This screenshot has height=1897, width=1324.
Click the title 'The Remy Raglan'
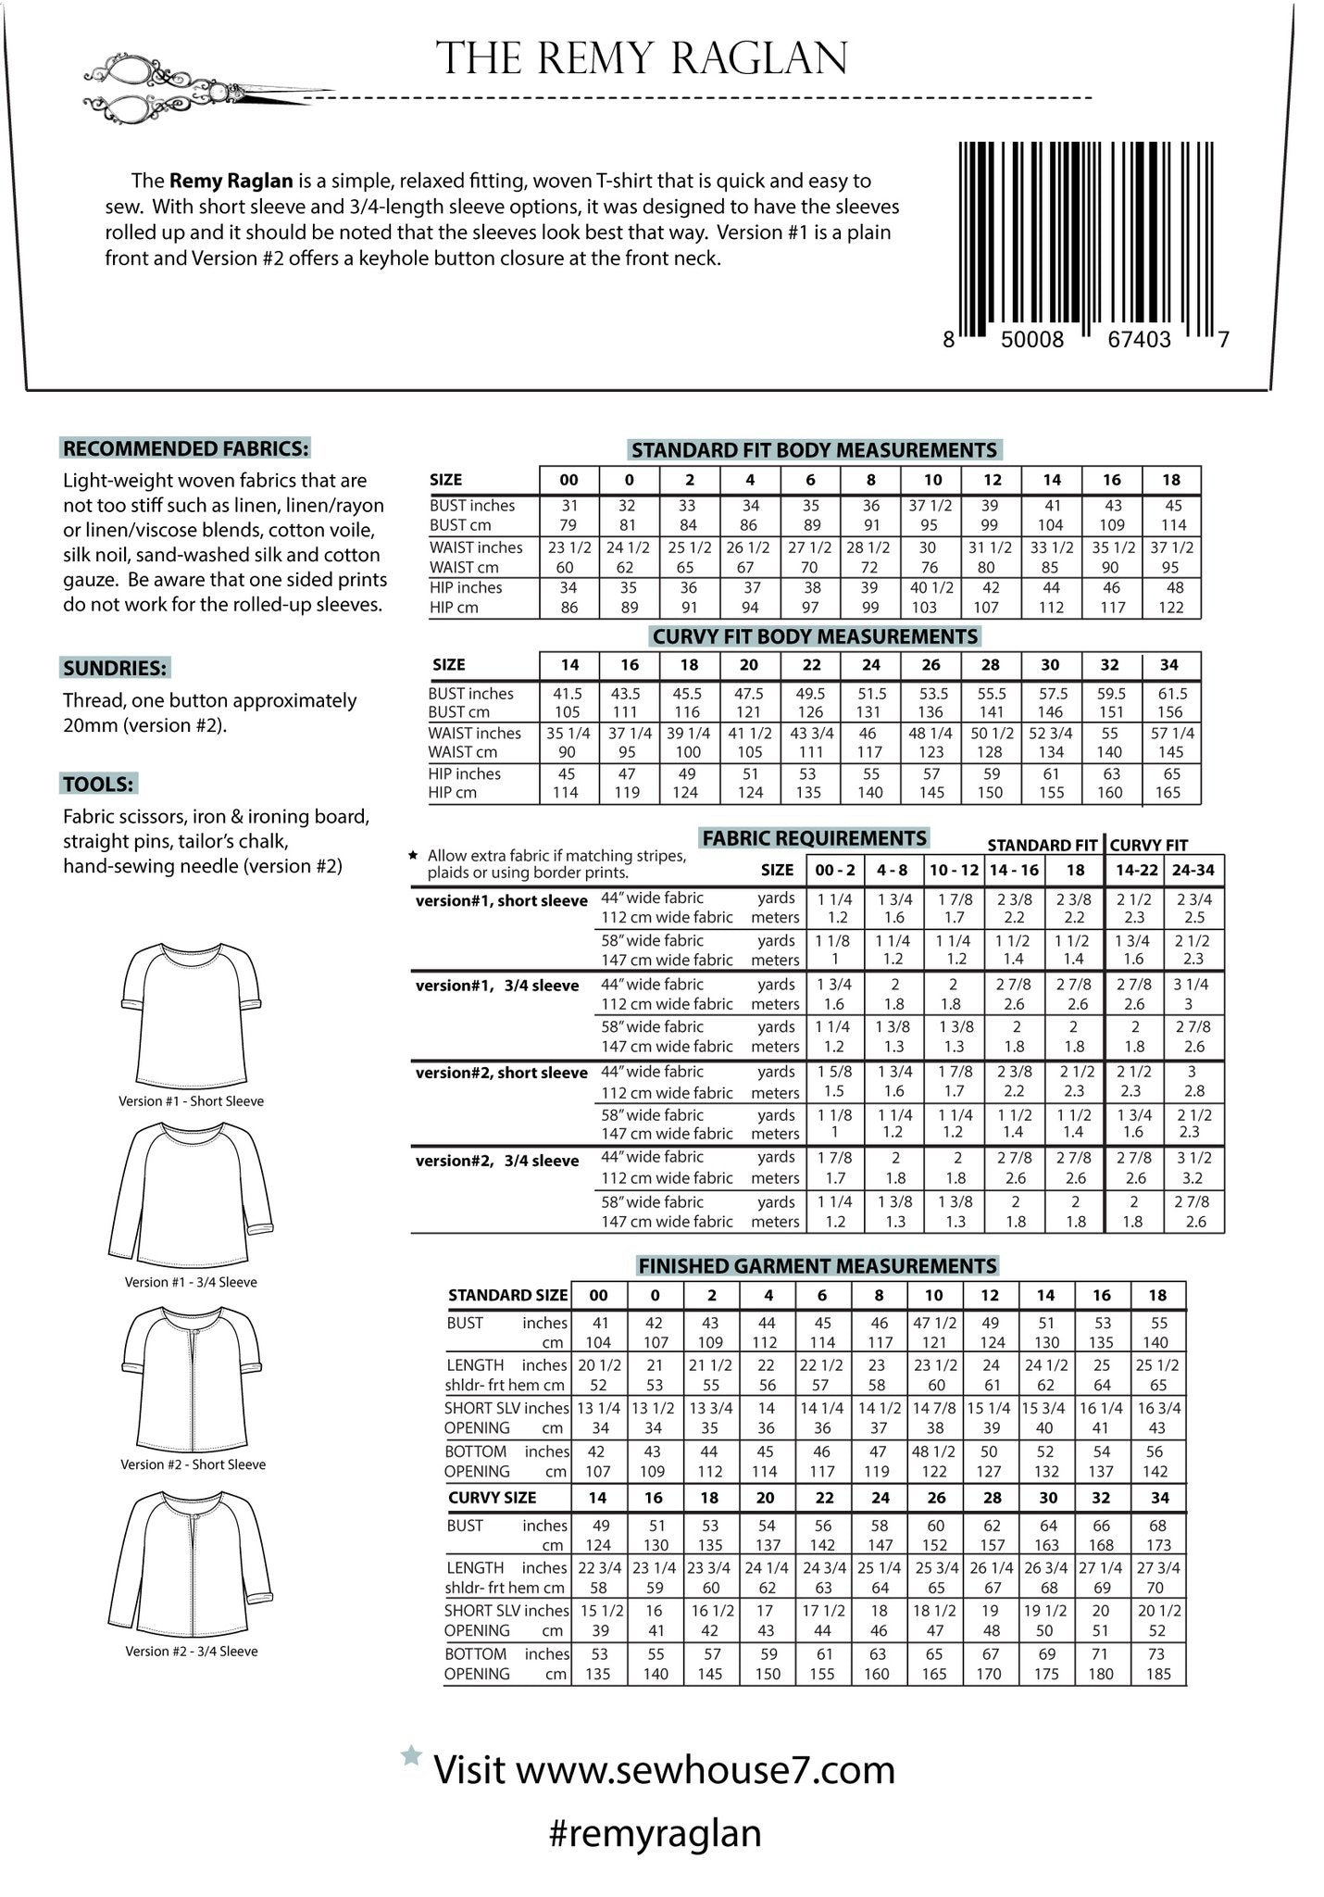tap(642, 58)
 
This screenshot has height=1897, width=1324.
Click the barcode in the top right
tap(1086, 243)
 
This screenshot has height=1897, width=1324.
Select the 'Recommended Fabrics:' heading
tap(185, 449)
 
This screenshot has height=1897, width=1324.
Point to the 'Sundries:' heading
tap(116, 668)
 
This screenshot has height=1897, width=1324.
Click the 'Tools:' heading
tap(99, 785)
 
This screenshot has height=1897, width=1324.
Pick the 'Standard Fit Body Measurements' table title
tap(814, 451)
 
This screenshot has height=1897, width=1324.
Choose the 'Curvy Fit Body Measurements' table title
tap(815, 637)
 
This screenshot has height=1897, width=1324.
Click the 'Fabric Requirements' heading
tap(815, 838)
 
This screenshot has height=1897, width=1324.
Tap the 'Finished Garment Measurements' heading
tap(818, 1266)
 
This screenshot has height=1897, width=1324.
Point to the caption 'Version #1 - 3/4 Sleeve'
tap(191, 1282)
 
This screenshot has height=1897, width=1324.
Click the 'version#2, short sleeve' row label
tap(502, 1073)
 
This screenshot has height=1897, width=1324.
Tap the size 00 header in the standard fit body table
tap(568, 480)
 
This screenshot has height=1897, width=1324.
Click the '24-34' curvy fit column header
tap(1193, 870)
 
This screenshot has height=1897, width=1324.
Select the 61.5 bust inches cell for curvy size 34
tap(1170, 693)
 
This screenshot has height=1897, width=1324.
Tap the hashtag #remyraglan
tap(656, 1833)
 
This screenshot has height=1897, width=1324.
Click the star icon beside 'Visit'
tap(411, 1755)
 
